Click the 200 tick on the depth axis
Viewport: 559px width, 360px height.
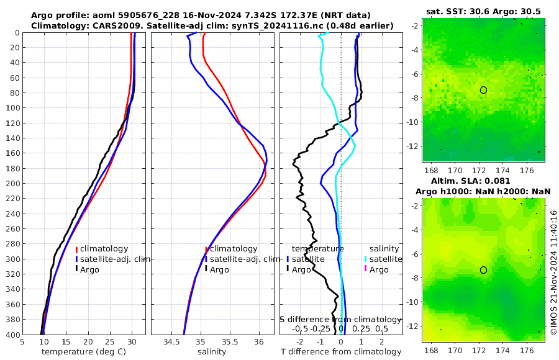tap(12, 184)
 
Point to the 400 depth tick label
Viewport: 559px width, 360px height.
tap(12, 335)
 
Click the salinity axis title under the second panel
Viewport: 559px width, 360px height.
tap(212, 352)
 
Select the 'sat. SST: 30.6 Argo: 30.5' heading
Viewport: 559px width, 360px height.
tap(484, 12)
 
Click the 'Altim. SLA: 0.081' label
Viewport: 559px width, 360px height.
tap(484, 180)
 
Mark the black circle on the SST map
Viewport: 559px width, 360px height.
tap(483, 90)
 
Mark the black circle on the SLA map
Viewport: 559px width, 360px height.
tap(483, 270)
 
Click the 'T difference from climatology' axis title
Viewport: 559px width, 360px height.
tap(341, 352)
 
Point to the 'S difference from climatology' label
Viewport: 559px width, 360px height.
tap(341, 319)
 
